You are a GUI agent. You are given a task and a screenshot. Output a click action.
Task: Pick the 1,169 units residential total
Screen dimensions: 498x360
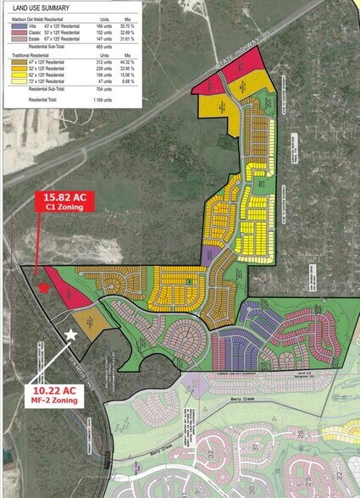tap(104, 99)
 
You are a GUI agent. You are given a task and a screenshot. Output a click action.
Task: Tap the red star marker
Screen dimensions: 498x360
tap(44, 287)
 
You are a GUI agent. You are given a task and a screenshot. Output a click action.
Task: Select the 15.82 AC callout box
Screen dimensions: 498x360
tap(61, 202)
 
